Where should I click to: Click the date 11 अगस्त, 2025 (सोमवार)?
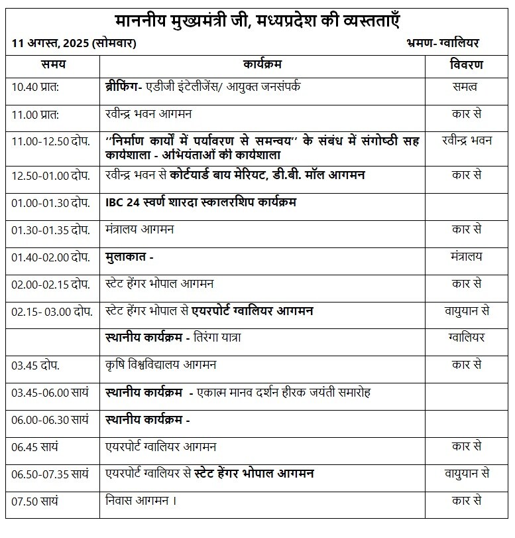point(74,43)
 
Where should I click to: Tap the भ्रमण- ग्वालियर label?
point(442,43)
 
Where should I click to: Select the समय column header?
point(53,65)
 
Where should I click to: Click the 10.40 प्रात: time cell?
point(36,86)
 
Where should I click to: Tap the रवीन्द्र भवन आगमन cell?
point(148,113)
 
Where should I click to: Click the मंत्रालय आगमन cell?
point(139,229)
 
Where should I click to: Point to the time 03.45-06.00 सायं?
point(50,392)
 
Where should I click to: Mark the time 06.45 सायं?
point(35,446)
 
